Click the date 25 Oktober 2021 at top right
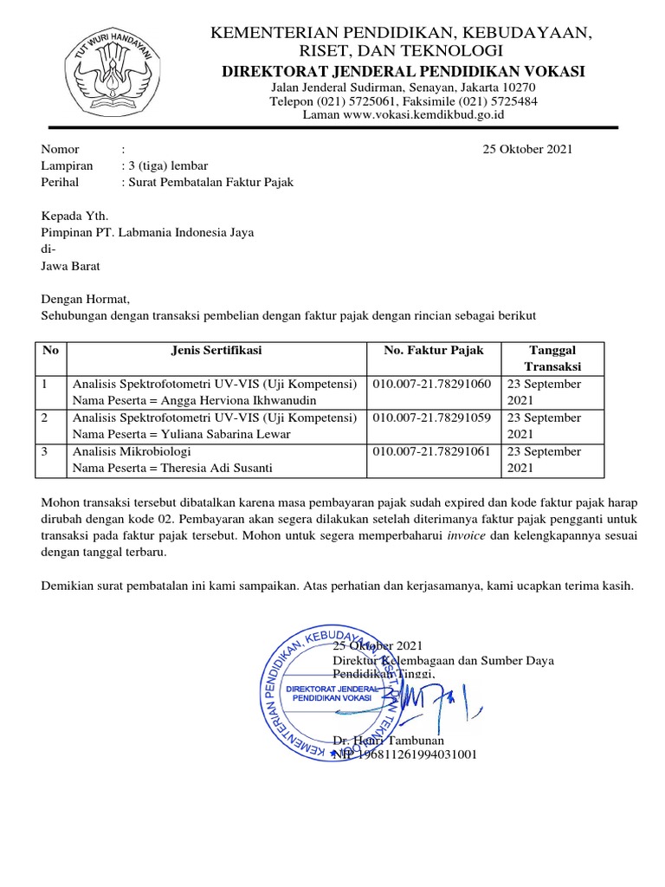(527, 149)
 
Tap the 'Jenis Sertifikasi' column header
(216, 351)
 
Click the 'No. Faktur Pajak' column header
(434, 351)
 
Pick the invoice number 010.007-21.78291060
(432, 384)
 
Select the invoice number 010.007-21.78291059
(432, 418)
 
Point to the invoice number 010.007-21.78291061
(432, 451)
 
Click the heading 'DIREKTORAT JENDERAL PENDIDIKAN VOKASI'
(404, 70)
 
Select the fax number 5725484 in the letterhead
(514, 101)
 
